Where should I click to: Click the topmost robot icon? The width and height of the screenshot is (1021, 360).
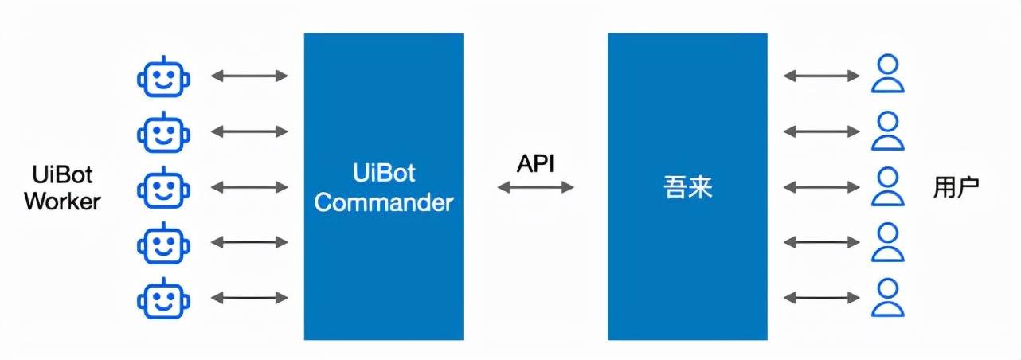(164, 76)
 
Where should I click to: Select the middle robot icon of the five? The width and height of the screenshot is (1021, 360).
(164, 188)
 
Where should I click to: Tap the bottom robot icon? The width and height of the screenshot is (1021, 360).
(164, 299)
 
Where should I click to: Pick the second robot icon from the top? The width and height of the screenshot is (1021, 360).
(164, 132)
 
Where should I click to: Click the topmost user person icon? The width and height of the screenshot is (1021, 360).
(887, 76)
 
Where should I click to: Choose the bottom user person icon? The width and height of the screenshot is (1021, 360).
(887, 298)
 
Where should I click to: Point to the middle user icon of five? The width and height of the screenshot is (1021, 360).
(887, 187)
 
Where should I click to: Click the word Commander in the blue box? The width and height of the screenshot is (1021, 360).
(383, 202)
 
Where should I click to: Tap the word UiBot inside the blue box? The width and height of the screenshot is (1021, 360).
(383, 174)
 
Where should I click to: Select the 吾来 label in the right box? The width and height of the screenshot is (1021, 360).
(688, 188)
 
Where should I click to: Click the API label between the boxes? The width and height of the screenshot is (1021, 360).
(535, 164)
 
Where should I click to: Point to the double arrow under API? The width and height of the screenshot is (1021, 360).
(535, 187)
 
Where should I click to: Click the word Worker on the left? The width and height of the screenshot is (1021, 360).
(62, 202)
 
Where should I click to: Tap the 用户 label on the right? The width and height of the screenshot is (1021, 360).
(956, 188)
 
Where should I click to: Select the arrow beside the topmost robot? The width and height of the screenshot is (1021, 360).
(249, 76)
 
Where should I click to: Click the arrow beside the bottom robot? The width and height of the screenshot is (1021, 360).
(249, 299)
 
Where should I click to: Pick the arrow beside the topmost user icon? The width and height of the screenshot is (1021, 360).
(821, 76)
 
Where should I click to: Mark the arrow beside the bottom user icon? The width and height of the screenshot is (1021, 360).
(821, 299)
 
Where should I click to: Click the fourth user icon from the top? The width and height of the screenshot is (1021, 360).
(887, 242)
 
